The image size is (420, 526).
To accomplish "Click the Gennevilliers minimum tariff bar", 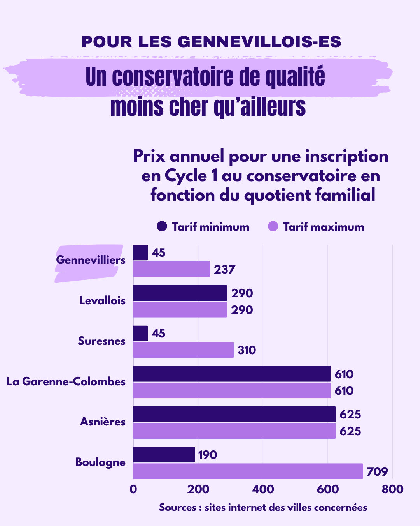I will (x=141, y=252).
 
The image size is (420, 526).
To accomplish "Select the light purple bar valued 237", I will (x=171, y=269).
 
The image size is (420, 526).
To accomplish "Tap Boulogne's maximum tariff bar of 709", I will (x=248, y=471).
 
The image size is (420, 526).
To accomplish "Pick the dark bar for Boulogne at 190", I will (x=164, y=455).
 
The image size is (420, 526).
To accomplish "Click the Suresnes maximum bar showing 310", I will (x=184, y=350).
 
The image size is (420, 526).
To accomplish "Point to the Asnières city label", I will (x=103, y=422).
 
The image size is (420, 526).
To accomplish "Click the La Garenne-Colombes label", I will (x=66, y=381).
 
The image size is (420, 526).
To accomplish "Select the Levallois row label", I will (x=102, y=300).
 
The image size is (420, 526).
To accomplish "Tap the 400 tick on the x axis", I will (x=263, y=489).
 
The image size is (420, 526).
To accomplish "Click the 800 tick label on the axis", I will (x=392, y=489).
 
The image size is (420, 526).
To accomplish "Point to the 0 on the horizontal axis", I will (x=133, y=489).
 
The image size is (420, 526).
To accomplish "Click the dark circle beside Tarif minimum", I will (x=162, y=226).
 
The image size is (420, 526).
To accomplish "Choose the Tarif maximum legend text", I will (x=324, y=227).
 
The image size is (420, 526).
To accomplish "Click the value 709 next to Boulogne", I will (x=377, y=472).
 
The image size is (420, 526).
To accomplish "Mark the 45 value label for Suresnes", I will (x=158, y=334).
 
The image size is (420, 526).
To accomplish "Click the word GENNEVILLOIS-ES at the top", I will (x=259, y=42).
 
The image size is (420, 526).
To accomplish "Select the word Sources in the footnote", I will (x=177, y=507).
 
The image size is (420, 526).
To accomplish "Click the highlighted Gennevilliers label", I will (x=91, y=260).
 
